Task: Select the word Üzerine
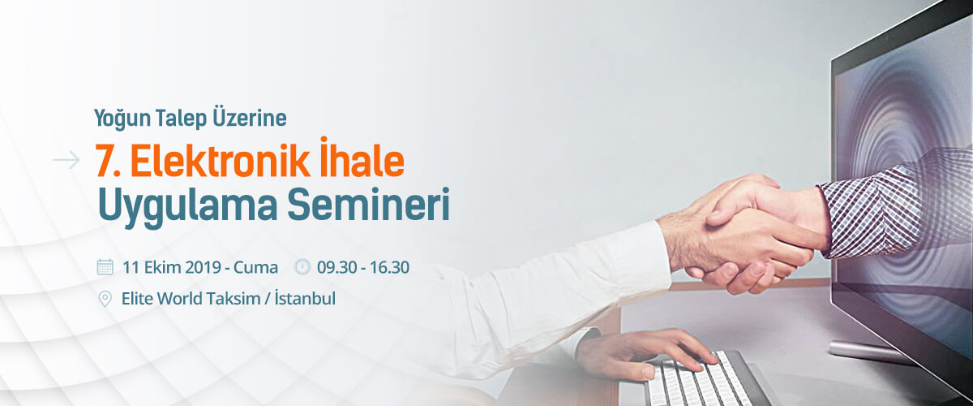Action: tap(250, 117)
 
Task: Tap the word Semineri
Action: tap(368, 204)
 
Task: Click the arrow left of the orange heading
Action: tap(66, 160)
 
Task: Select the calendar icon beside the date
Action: tap(105, 267)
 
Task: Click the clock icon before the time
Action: tap(302, 267)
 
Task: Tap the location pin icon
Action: tap(105, 300)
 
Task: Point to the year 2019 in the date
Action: tap(204, 267)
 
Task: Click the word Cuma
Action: tap(256, 267)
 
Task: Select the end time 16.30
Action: tap(388, 267)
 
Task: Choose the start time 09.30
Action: tap(337, 267)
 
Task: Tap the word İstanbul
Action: tap(306, 298)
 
